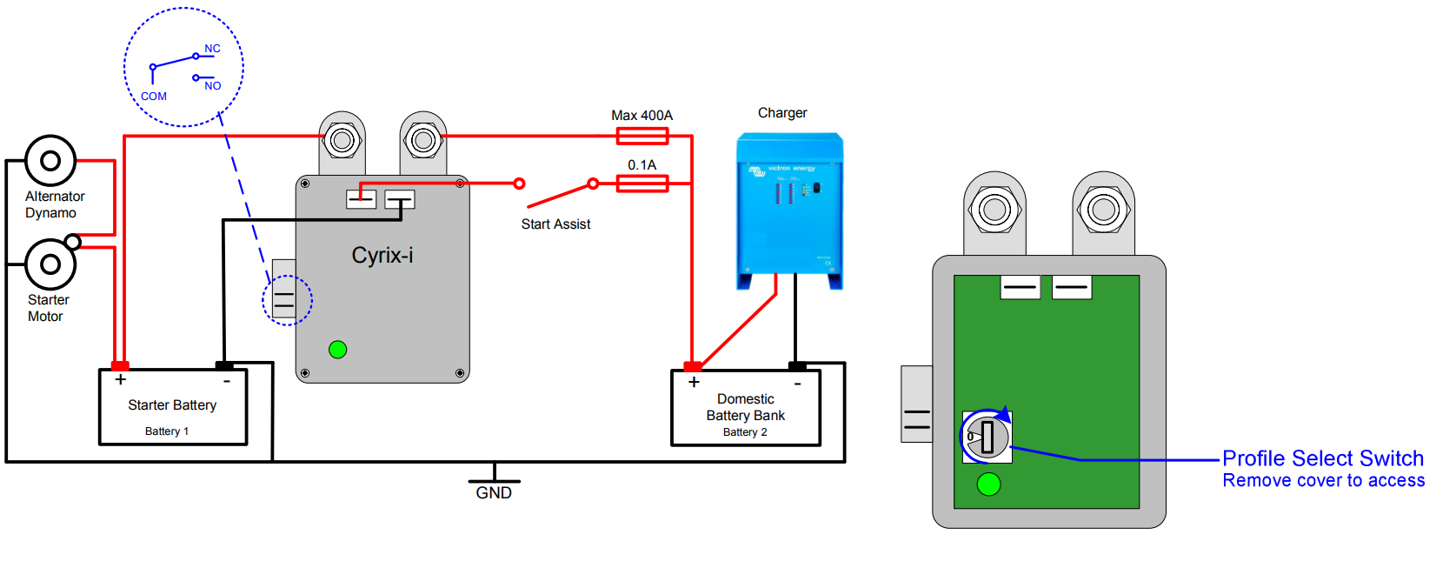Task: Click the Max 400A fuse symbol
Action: [x=642, y=136]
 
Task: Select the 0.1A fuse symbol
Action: [x=642, y=184]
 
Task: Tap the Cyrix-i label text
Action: [x=382, y=255]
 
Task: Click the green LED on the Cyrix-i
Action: [x=338, y=350]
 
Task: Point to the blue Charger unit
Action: [x=789, y=209]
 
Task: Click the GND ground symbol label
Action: [x=494, y=493]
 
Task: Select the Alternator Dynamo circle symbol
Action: [x=50, y=161]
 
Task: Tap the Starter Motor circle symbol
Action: [x=50, y=264]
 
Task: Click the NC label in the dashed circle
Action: [x=213, y=49]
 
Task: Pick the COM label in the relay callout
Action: [x=154, y=97]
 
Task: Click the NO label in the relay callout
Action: [x=213, y=86]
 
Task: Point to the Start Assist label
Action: [x=555, y=224]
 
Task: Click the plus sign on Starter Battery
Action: [x=121, y=379]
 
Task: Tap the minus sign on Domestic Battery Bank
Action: [x=797, y=383]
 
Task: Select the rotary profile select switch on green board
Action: [x=987, y=436]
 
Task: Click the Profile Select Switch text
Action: [x=1323, y=458]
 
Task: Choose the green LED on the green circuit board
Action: [x=988, y=484]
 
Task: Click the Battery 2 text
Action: [x=745, y=432]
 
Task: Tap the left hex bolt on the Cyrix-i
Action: [x=342, y=140]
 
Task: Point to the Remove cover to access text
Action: [x=1323, y=481]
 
